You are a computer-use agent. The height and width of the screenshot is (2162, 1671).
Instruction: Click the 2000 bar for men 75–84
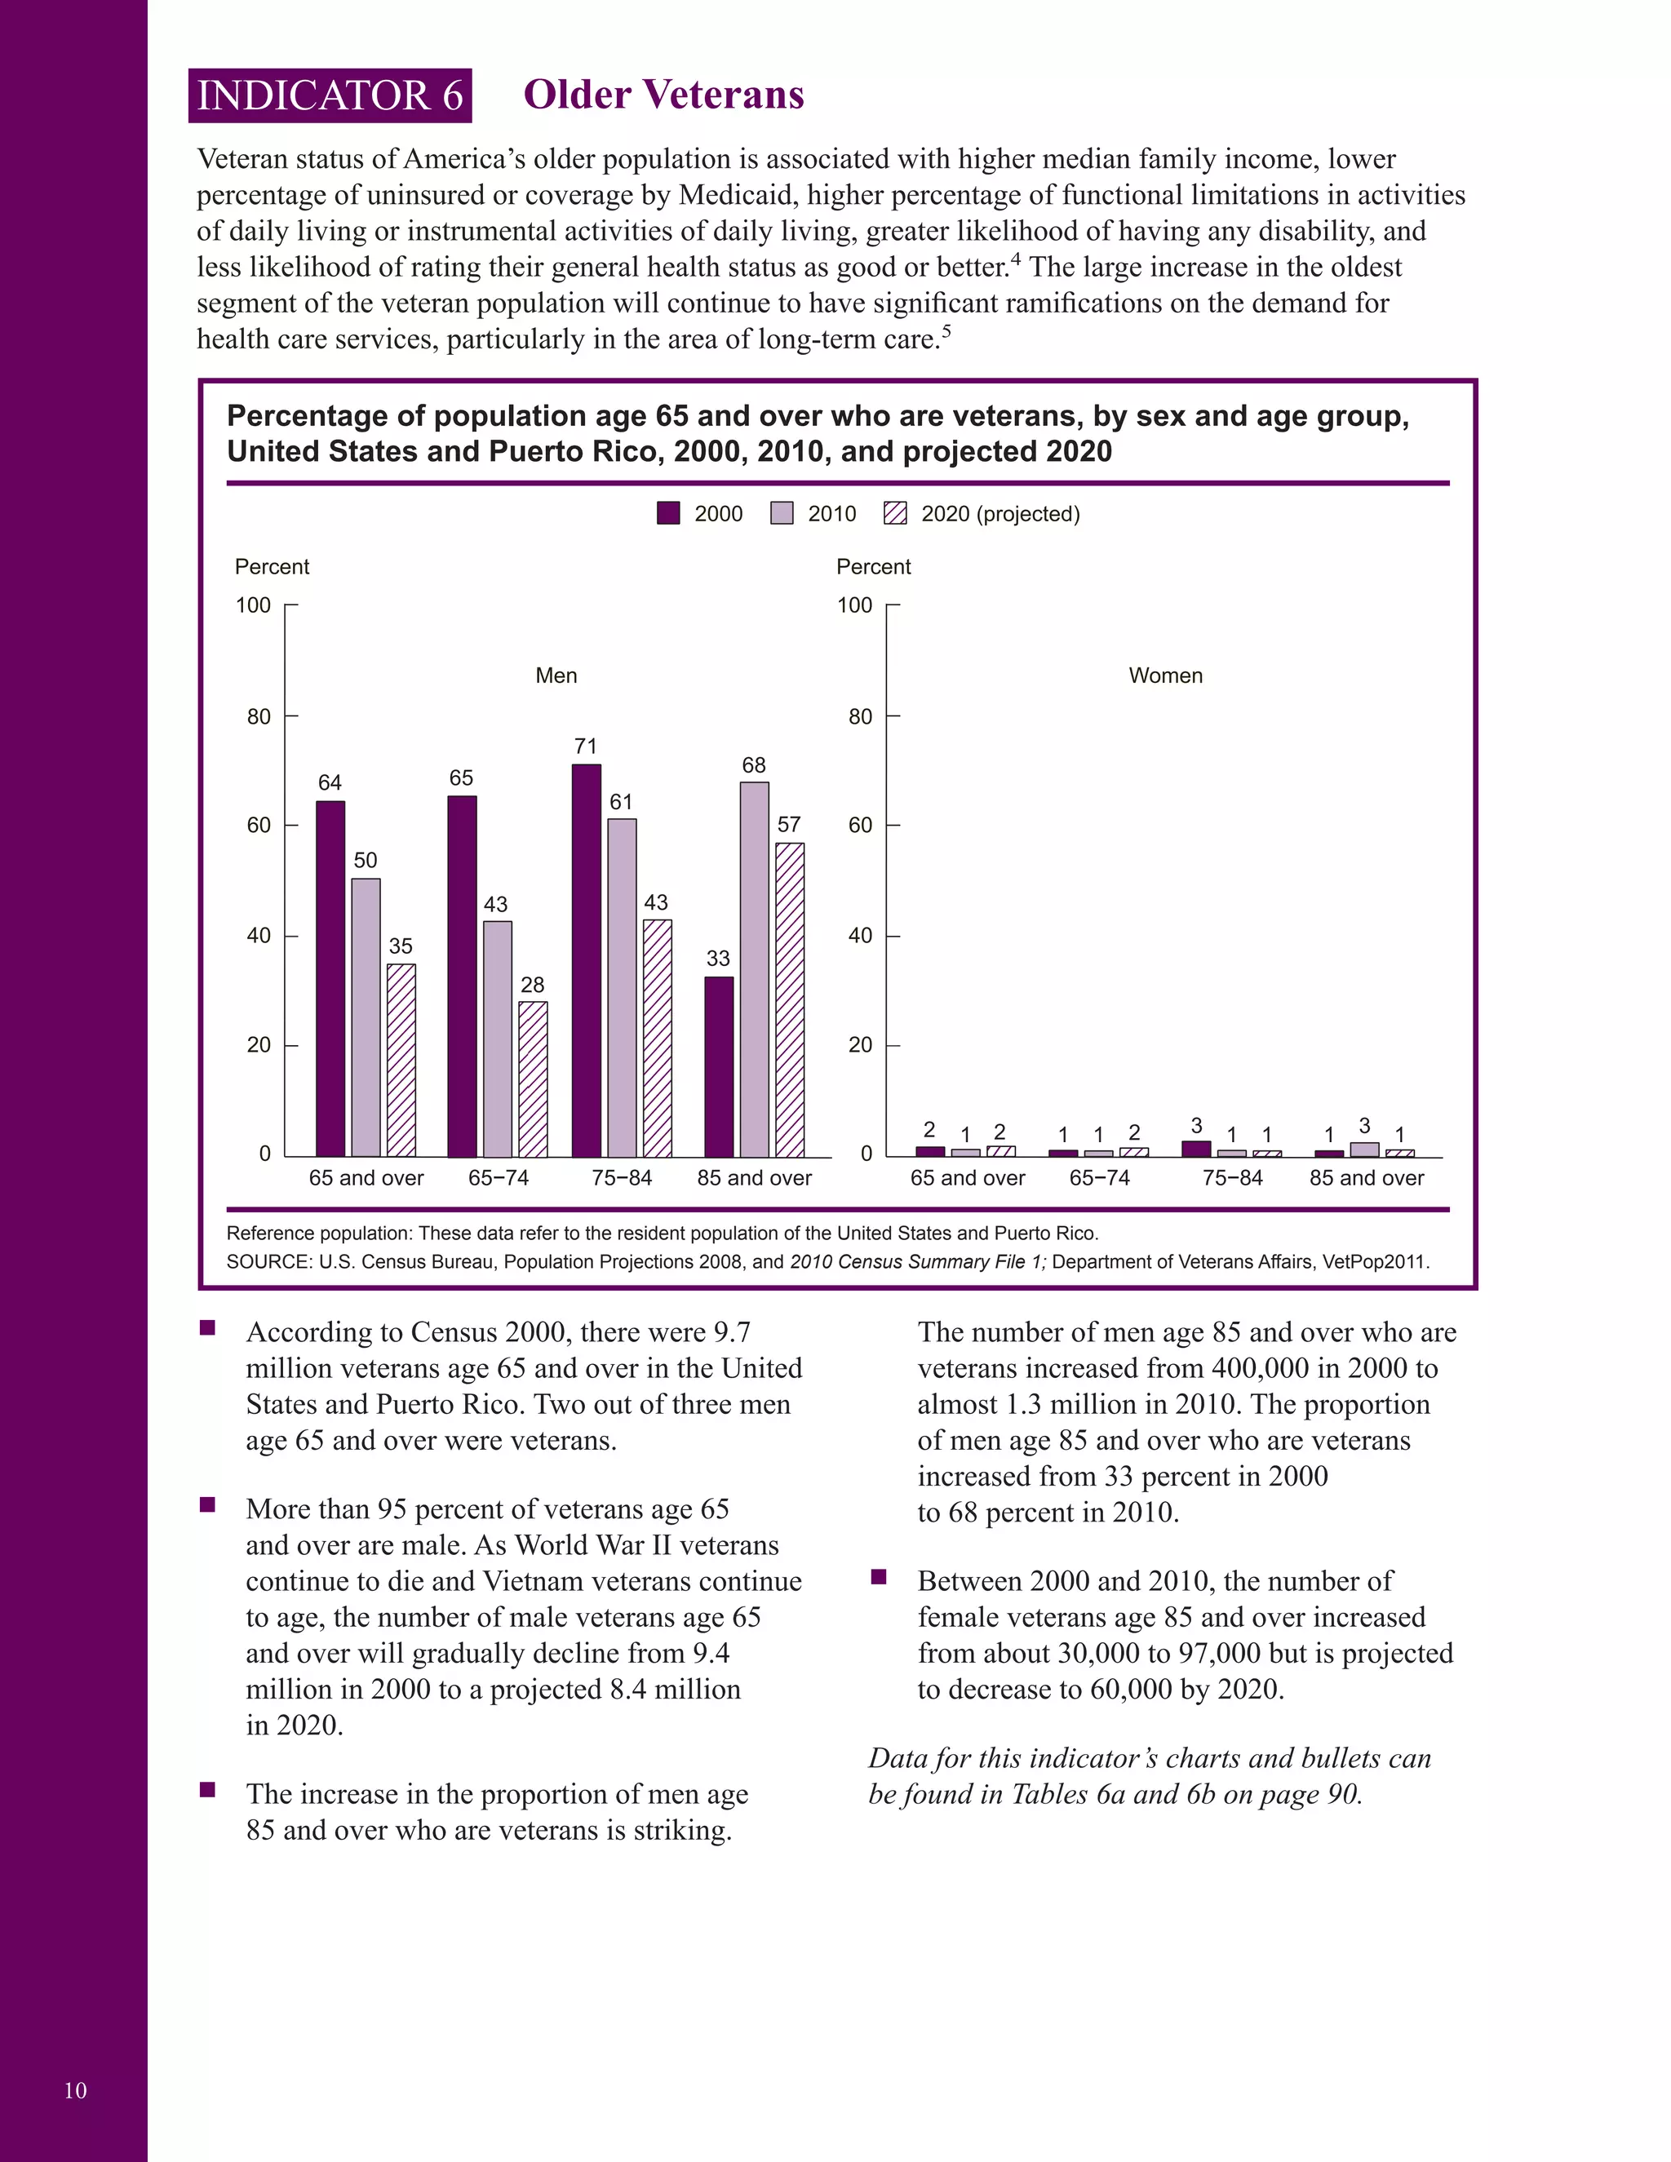tap(586, 960)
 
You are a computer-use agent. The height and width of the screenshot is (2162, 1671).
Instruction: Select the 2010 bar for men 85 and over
tap(755, 969)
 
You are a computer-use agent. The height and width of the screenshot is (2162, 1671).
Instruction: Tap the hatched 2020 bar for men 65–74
tap(533, 1079)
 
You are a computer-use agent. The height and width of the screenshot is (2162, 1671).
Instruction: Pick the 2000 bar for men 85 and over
tap(719, 1066)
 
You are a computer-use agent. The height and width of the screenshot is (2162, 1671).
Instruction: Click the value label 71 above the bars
tap(586, 747)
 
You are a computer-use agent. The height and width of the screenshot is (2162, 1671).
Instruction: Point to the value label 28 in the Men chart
tap(533, 985)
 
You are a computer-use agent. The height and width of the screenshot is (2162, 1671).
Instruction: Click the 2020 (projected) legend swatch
tap(895, 513)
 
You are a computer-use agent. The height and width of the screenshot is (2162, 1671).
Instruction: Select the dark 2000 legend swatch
tap(668, 513)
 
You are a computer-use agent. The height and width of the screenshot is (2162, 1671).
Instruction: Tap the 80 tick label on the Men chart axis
tap(259, 716)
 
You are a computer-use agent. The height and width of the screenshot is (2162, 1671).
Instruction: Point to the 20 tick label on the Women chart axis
tap(860, 1045)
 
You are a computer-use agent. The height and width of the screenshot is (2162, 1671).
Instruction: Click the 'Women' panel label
tap(1165, 676)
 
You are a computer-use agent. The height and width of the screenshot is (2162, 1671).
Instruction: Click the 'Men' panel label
tap(556, 676)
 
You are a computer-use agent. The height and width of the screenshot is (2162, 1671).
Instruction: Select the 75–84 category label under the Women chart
tap(1233, 1178)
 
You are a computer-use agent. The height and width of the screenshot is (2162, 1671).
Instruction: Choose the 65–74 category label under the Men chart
tap(498, 1178)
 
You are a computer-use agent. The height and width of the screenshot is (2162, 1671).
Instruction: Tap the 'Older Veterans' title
tap(663, 95)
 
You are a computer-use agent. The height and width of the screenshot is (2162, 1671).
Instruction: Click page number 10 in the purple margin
tap(75, 2091)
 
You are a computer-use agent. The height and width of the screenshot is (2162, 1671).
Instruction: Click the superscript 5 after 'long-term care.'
tap(946, 331)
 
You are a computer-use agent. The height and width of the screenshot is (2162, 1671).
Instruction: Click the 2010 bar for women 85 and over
tap(1364, 1150)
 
